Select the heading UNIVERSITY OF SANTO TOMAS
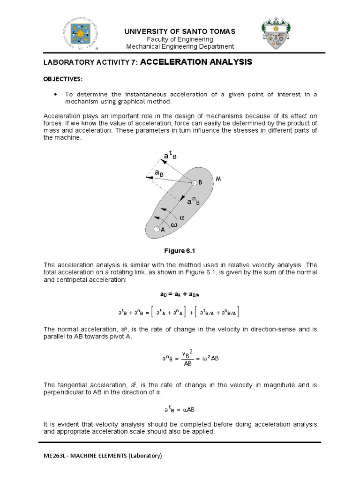point(180,31)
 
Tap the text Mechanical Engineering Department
point(180,46)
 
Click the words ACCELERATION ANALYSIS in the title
point(196,62)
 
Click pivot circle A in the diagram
point(157,230)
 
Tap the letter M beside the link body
point(218,179)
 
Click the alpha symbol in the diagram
point(183,217)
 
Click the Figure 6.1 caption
point(180,250)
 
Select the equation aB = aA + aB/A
point(180,294)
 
